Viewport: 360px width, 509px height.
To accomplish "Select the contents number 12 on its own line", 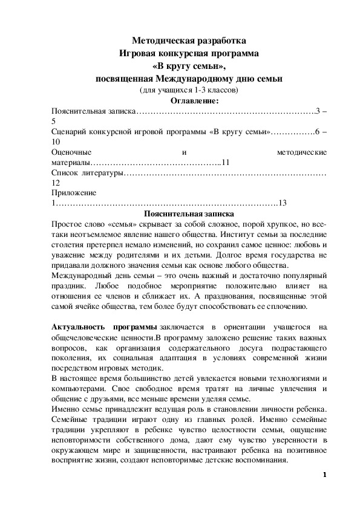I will pyautogui.click(x=56, y=183).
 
